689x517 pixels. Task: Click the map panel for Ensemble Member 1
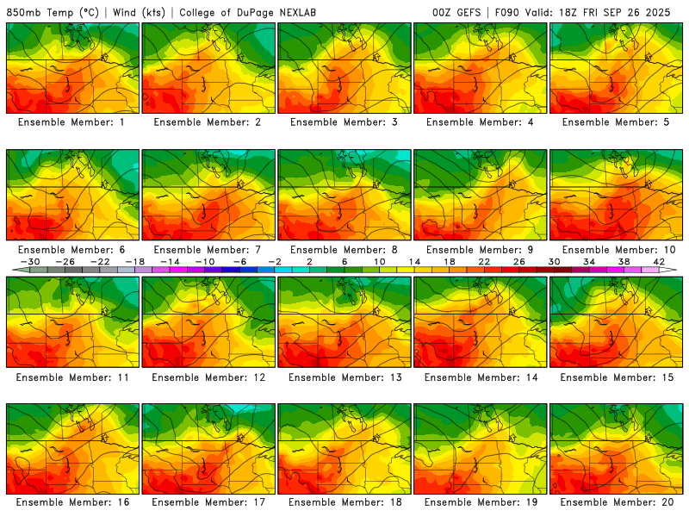coord(72,67)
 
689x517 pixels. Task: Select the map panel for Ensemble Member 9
coord(481,195)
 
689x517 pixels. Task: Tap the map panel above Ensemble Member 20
coord(617,448)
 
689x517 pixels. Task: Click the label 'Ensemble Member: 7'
coord(208,250)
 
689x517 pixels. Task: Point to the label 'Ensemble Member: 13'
coord(344,377)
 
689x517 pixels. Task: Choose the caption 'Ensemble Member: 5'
coord(617,122)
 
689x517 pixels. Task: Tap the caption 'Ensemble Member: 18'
coord(344,502)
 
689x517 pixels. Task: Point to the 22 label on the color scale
coord(483,261)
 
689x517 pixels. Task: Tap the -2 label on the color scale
coord(274,261)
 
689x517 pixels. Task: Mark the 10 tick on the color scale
coord(379,261)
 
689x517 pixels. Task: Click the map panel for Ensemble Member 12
coord(208,321)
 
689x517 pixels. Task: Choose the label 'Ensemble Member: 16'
coord(72,502)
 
